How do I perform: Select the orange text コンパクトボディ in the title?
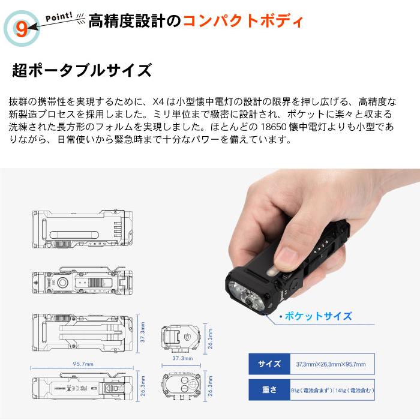(x=243, y=23)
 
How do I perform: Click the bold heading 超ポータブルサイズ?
(x=82, y=70)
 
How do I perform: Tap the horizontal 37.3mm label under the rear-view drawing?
(x=182, y=358)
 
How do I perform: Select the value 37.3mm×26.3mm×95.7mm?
(x=331, y=364)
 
